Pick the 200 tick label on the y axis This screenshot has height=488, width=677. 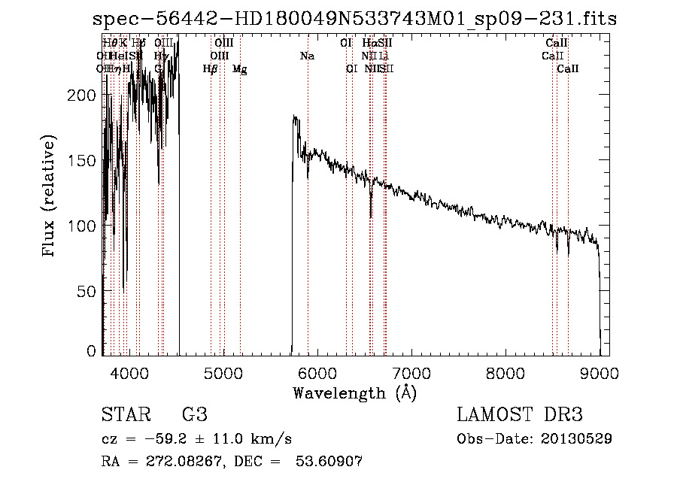click(85, 95)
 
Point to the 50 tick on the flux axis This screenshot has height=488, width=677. click(90, 290)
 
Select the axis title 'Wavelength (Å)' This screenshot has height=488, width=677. click(354, 393)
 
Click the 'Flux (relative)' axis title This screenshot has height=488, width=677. click(50, 196)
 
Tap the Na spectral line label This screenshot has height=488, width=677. click(307, 56)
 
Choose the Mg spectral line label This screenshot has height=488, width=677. click(239, 69)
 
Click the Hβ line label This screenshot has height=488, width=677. click(210, 69)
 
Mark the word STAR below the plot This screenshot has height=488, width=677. click(125, 415)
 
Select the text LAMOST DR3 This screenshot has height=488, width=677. click(520, 415)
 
